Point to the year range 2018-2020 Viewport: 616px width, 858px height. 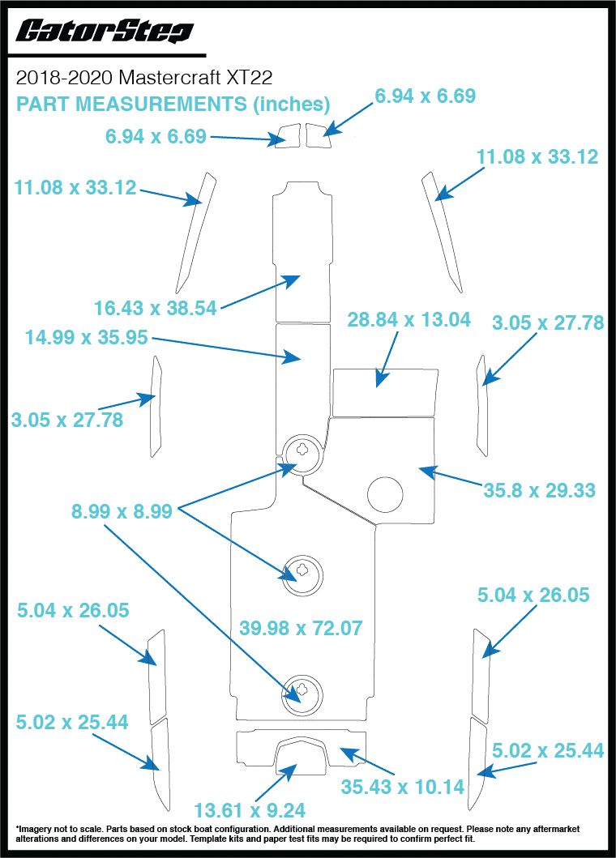(x=64, y=78)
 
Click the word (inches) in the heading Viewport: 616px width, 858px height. (x=291, y=104)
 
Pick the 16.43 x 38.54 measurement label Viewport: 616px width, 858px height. (x=156, y=308)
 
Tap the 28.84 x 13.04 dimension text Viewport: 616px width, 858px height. (x=409, y=319)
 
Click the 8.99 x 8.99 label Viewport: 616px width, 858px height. (x=122, y=511)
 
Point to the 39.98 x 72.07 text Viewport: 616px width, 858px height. (x=301, y=627)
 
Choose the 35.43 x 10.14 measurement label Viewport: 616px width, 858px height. (x=403, y=786)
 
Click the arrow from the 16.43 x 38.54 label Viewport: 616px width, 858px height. (x=259, y=292)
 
